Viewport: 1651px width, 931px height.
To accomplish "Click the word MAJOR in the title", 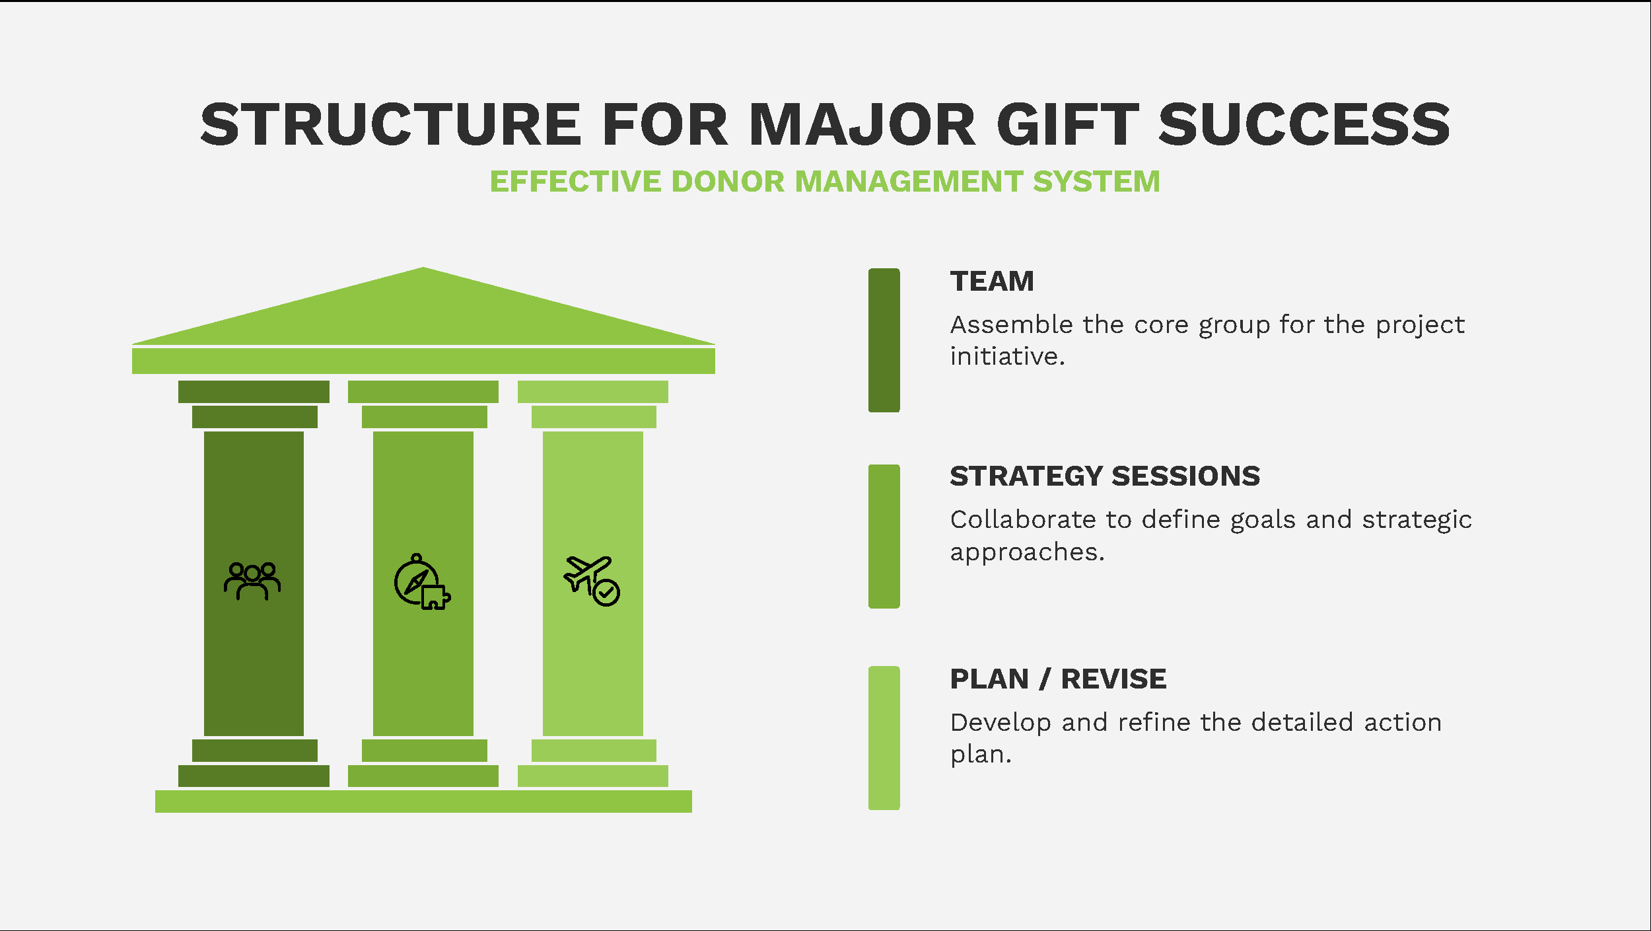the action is point(861,124).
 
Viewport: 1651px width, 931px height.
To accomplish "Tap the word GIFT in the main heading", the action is point(1067,124).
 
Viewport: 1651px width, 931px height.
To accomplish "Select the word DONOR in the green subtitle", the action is point(726,181).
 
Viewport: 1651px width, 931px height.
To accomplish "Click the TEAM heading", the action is point(992,281).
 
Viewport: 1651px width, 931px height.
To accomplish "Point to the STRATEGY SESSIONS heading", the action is point(1105,476).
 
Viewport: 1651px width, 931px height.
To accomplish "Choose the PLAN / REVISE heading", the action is point(1058,679).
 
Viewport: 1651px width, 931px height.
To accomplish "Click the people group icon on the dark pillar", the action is point(252,581).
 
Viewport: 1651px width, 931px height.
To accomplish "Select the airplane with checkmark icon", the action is point(592,581).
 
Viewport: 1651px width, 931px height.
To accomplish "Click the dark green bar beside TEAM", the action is point(884,340).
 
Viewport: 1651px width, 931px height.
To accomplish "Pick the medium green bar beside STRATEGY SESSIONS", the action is point(884,537).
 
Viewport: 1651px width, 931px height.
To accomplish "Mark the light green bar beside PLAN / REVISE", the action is point(884,738).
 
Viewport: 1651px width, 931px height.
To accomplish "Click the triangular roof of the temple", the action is point(423,314).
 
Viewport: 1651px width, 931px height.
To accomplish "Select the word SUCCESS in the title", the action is point(1304,124).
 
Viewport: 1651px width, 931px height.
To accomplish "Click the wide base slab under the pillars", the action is point(423,801).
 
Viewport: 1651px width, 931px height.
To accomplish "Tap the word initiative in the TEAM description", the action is point(1008,356).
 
